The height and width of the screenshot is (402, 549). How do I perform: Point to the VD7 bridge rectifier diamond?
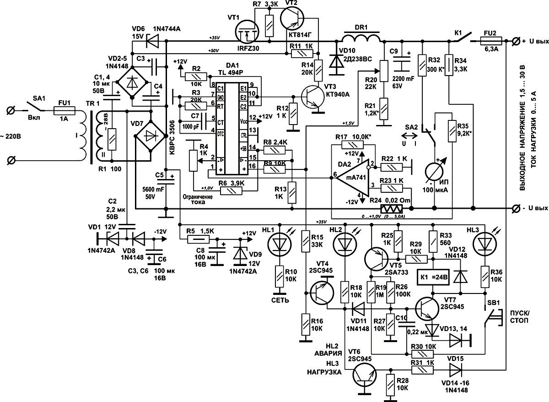click(x=150, y=136)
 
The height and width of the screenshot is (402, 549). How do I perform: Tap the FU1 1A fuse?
click(x=64, y=110)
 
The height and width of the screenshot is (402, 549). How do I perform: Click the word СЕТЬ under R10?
click(x=280, y=300)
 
